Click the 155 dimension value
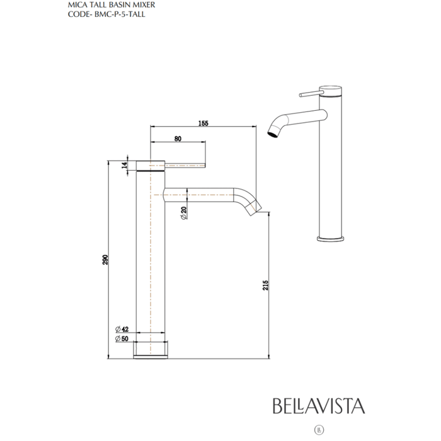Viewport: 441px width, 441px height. pos(202,123)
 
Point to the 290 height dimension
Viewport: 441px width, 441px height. pos(106,259)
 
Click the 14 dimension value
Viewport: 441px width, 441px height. pos(124,165)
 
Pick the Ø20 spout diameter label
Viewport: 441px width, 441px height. pos(182,214)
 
